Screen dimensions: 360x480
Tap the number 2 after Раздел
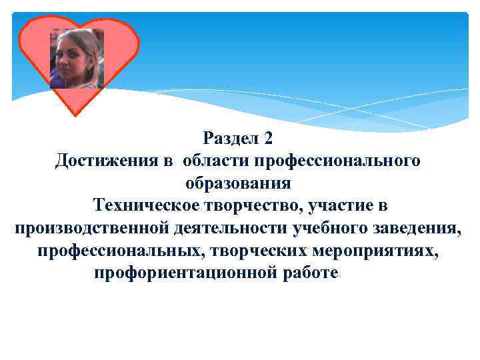click(268, 139)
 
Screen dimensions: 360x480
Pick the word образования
click(238, 183)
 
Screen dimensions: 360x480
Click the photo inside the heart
click(77, 59)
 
